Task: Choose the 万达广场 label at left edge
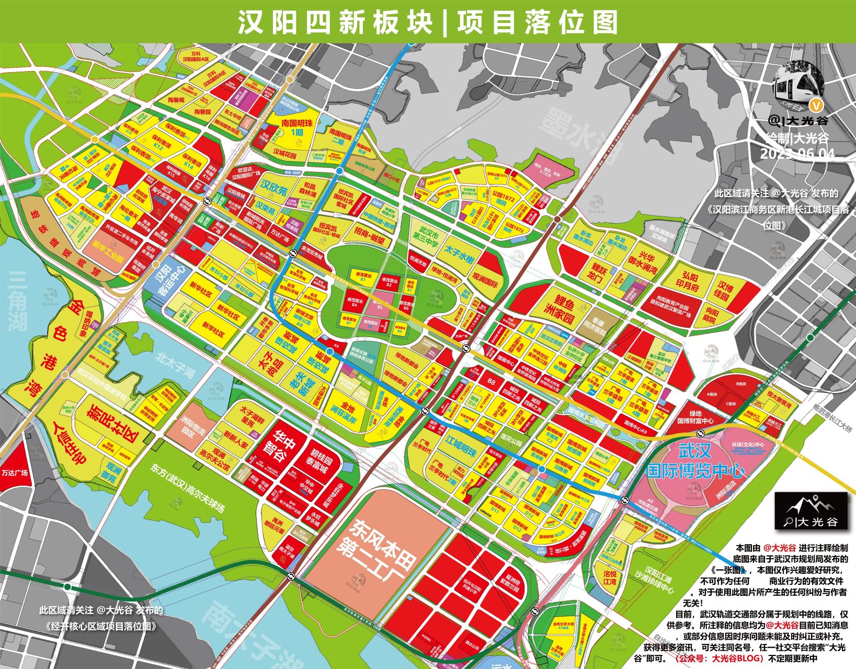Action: (14, 472)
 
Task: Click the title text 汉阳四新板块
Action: (335, 22)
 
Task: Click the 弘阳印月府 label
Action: (687, 281)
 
